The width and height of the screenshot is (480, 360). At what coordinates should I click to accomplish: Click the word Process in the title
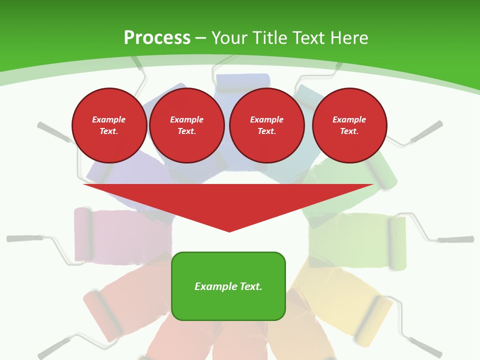pyautogui.click(x=157, y=38)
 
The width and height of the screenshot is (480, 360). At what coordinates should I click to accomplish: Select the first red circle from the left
pyautogui.click(x=109, y=125)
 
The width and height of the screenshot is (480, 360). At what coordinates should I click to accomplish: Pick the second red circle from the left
pyautogui.click(x=187, y=125)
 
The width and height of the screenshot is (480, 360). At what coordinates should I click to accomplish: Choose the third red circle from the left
pyautogui.click(x=267, y=125)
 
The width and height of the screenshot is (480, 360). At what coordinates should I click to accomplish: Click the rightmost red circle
pyautogui.click(x=349, y=125)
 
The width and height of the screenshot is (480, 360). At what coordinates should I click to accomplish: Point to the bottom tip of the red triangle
pyautogui.click(x=229, y=231)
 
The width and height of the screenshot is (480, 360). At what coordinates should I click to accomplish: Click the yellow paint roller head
pyautogui.click(x=375, y=320)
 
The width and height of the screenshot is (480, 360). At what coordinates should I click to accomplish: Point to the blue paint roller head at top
pyautogui.click(x=243, y=81)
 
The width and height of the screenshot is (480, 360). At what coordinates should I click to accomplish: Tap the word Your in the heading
pyautogui.click(x=229, y=38)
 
